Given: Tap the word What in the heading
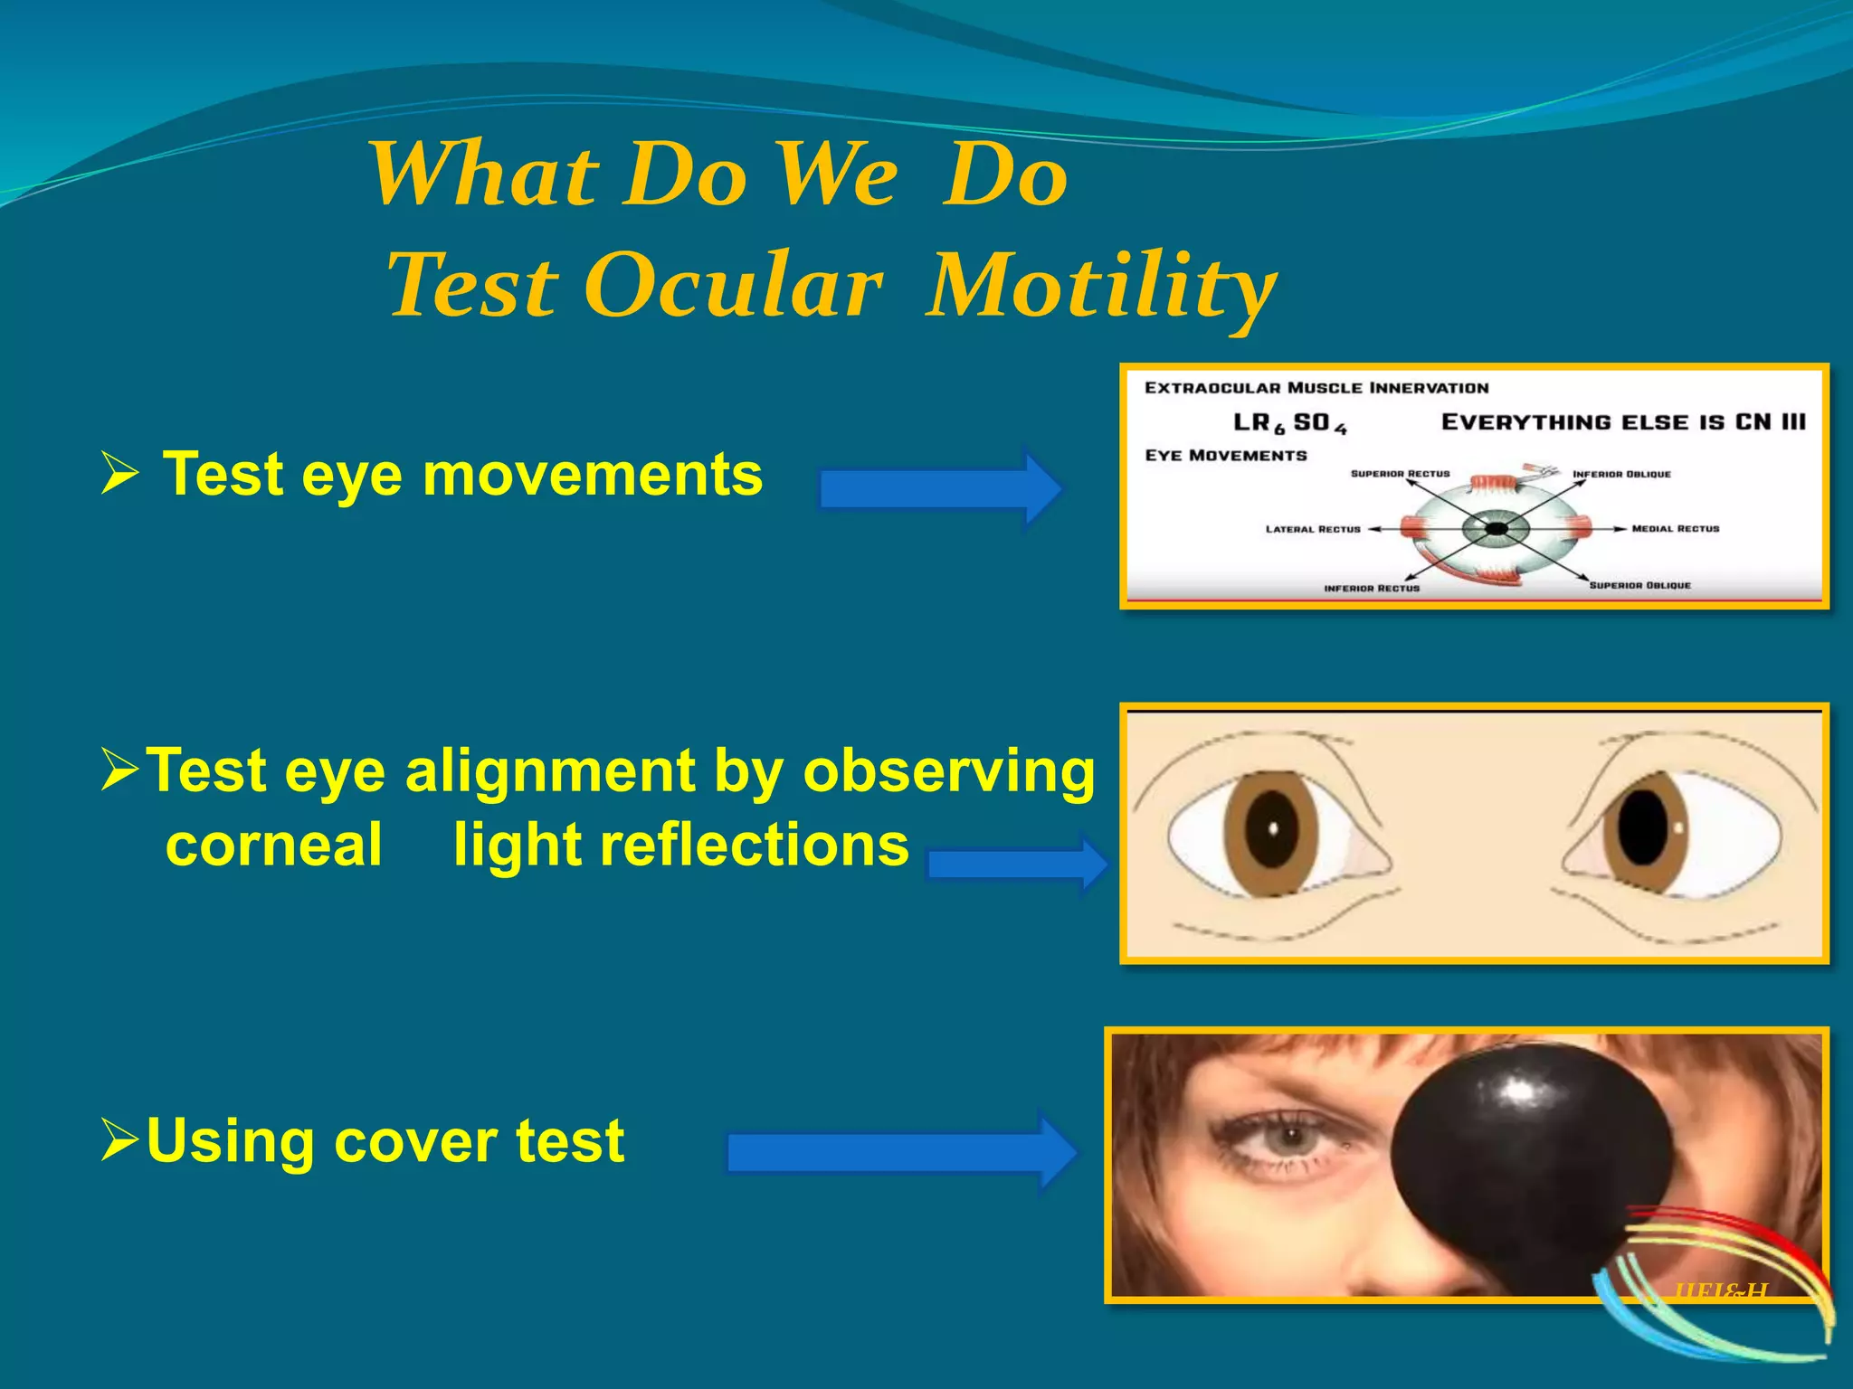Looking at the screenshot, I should [484, 175].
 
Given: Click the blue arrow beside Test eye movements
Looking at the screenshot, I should [941, 488].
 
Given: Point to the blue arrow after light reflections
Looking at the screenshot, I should [1018, 865].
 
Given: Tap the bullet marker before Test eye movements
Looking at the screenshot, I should [119, 474].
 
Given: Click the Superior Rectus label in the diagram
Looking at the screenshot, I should [1400, 474].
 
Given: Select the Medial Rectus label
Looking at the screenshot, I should [1675, 529].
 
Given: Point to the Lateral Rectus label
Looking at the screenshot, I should [1313, 530].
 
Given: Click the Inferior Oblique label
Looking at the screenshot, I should [1621, 474].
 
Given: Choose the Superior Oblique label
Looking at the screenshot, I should [1639, 586].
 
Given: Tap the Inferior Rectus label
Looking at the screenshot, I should [1372, 589].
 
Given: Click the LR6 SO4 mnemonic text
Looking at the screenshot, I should [1289, 423].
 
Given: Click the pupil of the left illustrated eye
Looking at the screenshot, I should [1271, 829].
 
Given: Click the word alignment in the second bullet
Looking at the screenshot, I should [550, 771].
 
